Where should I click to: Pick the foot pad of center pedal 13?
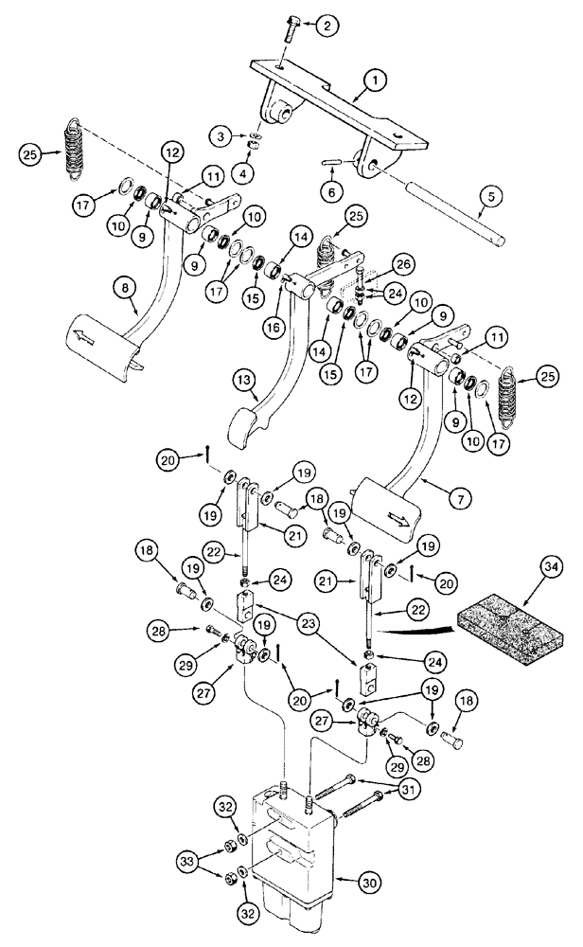(x=255, y=429)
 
